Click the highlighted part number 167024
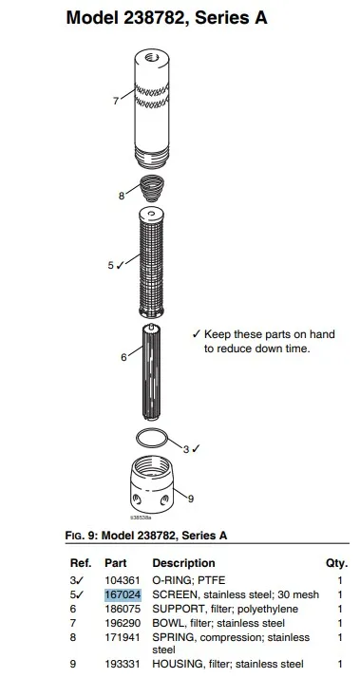123,594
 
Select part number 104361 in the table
123,580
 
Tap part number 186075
123,609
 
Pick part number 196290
123,623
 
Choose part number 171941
123,637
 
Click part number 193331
123,664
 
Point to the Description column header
183,563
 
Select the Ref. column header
81,563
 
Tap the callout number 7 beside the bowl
116,101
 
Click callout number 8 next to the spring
122,196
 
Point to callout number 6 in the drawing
123,356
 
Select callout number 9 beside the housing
191,499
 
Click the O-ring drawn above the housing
152,431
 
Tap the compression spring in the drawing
152,188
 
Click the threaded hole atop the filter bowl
152,57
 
